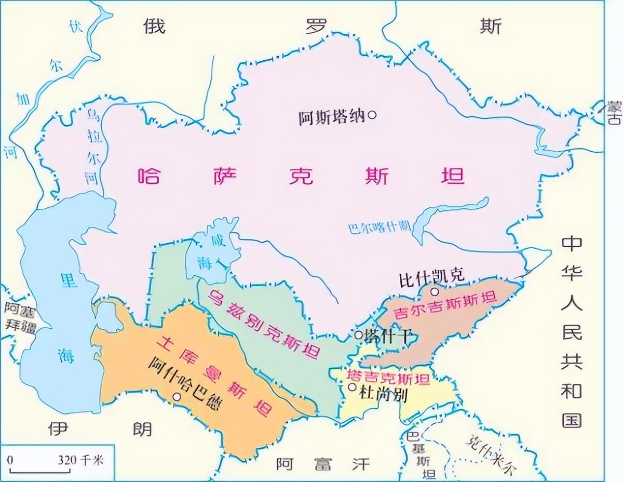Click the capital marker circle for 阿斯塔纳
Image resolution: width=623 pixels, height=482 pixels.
[372, 115]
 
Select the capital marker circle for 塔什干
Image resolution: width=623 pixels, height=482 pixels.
[358, 335]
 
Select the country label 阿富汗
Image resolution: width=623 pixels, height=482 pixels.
[323, 464]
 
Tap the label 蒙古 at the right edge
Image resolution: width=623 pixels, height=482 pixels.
[614, 113]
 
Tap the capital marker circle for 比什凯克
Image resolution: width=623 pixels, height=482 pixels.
[435, 291]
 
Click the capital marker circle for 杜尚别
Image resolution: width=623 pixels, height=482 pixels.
[353, 387]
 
